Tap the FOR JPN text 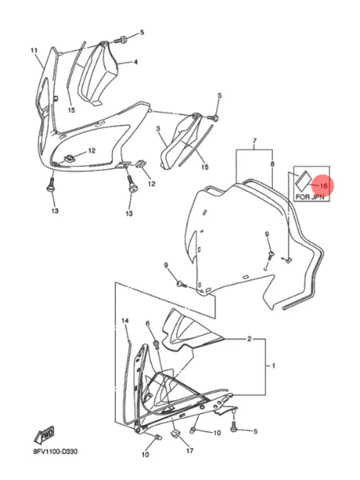pyautogui.click(x=310, y=197)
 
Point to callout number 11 pyautogui.click(x=34, y=50)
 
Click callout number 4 pyautogui.click(x=136, y=62)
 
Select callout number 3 pyautogui.click(x=158, y=129)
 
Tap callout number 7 pyautogui.click(x=254, y=141)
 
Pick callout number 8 pyautogui.click(x=272, y=164)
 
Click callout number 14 pyautogui.click(x=125, y=321)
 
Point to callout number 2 pyautogui.click(x=249, y=339)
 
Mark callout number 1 pyautogui.click(x=273, y=366)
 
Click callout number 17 pyautogui.click(x=190, y=450)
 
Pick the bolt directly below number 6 pyautogui.click(x=156, y=344)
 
